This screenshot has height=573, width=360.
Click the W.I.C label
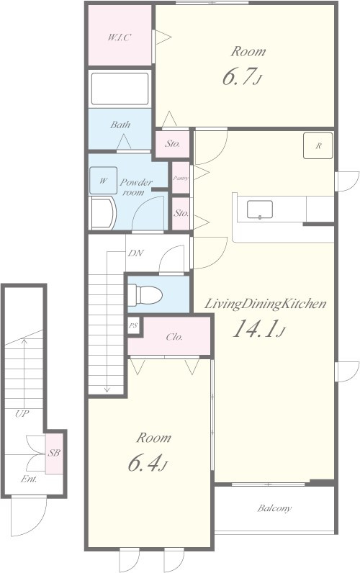click(119, 37)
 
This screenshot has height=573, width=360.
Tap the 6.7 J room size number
click(243, 77)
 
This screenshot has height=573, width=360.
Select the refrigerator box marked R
click(318, 146)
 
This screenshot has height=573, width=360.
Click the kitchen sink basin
click(260, 209)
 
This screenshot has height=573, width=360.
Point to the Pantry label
click(181, 178)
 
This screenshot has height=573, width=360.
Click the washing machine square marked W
click(104, 181)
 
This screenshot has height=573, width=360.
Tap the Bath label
click(120, 125)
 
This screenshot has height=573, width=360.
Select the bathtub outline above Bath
click(120, 89)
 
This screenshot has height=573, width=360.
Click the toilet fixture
click(145, 294)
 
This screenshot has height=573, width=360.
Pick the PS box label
click(133, 325)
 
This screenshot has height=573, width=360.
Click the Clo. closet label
click(174, 337)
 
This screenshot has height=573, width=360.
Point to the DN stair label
click(135, 253)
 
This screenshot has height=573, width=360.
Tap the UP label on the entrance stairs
click(22, 414)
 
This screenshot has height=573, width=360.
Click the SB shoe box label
click(54, 453)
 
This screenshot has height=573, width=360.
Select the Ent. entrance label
click(29, 479)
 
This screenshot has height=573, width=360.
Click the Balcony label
click(274, 508)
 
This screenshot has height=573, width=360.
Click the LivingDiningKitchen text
click(265, 304)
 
